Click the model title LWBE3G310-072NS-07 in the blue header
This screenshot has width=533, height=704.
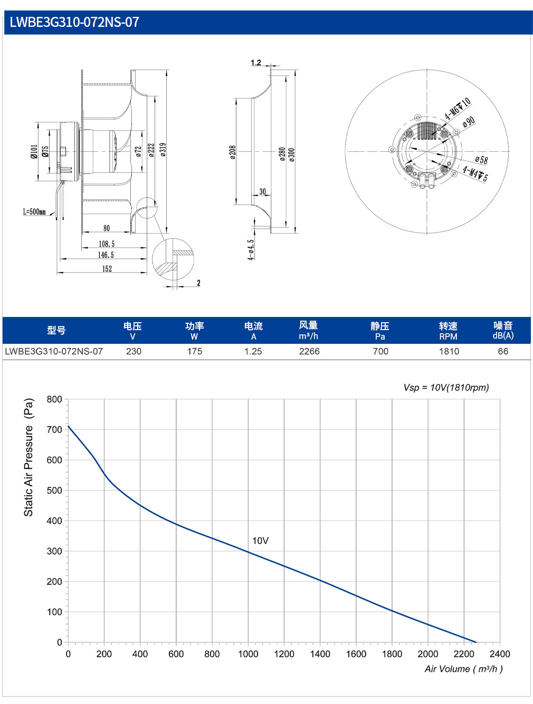[x=74, y=22]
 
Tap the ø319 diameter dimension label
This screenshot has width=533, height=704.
[x=163, y=150]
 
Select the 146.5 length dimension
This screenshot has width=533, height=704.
[x=106, y=255]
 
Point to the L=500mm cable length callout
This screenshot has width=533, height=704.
[x=34, y=211]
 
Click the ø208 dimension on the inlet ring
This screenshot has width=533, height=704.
[x=233, y=152]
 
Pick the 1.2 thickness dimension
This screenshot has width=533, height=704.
[x=256, y=63]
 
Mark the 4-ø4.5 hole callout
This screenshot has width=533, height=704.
[x=251, y=249]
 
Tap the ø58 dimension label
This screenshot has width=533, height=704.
[x=481, y=160]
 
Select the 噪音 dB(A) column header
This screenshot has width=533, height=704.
[x=503, y=330]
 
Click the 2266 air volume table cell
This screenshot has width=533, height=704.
[x=309, y=351]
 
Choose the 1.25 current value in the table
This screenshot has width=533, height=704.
[x=253, y=351]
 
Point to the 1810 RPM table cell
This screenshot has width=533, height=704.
[x=449, y=351]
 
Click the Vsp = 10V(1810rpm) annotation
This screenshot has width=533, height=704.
[x=446, y=388]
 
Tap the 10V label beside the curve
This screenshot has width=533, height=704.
[x=260, y=541]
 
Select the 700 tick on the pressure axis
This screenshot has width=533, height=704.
[x=54, y=429]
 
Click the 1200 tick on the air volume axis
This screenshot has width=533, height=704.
[x=284, y=654]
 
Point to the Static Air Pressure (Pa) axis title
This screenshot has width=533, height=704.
[x=28, y=457]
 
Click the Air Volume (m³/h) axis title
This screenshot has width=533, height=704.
[x=464, y=669]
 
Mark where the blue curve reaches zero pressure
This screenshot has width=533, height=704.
[x=476, y=642]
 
